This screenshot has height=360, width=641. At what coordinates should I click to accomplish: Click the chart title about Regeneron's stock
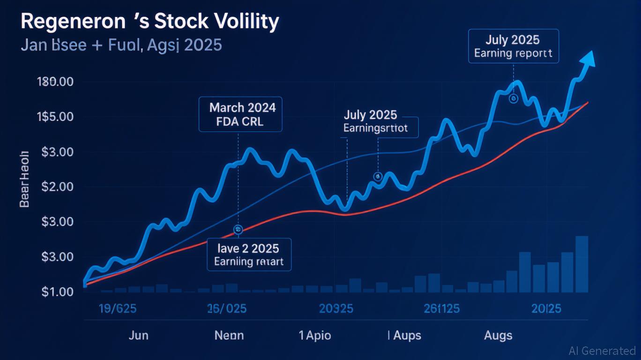coord(150,22)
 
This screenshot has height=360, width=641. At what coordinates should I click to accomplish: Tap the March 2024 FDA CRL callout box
coord(241,114)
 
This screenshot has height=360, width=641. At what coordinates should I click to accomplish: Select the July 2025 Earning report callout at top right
coord(514,46)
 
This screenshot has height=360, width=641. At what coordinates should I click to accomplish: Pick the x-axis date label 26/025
coord(227,309)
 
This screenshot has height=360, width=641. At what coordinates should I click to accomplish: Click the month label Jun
coord(139,336)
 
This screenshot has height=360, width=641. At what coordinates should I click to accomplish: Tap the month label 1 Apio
coord(315,336)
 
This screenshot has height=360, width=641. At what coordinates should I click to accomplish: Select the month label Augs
coord(498,336)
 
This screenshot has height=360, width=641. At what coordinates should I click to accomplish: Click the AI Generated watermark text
coord(602,351)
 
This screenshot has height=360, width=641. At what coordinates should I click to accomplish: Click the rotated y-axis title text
coord(24,180)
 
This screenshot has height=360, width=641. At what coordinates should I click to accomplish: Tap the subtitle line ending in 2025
coord(121,46)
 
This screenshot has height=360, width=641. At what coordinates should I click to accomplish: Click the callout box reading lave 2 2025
coord(249,254)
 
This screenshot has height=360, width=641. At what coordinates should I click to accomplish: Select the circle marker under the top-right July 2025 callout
coord(513,99)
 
